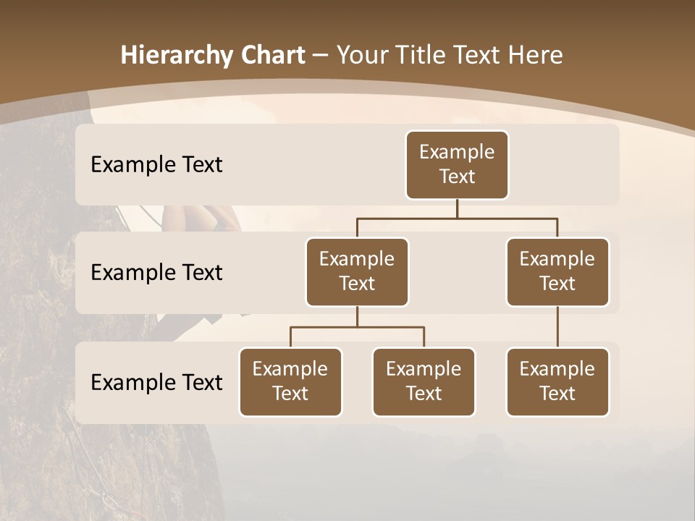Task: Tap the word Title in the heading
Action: [423, 56]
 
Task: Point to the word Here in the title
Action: [536, 56]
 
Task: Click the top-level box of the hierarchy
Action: [457, 165]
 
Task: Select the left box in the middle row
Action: [357, 272]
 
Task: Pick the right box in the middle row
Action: [557, 272]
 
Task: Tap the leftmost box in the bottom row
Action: [290, 382]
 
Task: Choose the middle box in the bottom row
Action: [424, 382]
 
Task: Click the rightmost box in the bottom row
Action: [557, 382]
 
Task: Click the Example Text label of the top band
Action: [156, 165]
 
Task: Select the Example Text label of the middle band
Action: [156, 273]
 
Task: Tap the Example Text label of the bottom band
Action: [156, 383]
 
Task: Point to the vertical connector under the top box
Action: [457, 208]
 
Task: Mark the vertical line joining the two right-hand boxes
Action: [557, 327]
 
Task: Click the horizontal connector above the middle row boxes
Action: [457, 218]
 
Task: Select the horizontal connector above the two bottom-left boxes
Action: [357, 327]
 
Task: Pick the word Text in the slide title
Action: [481, 56]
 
